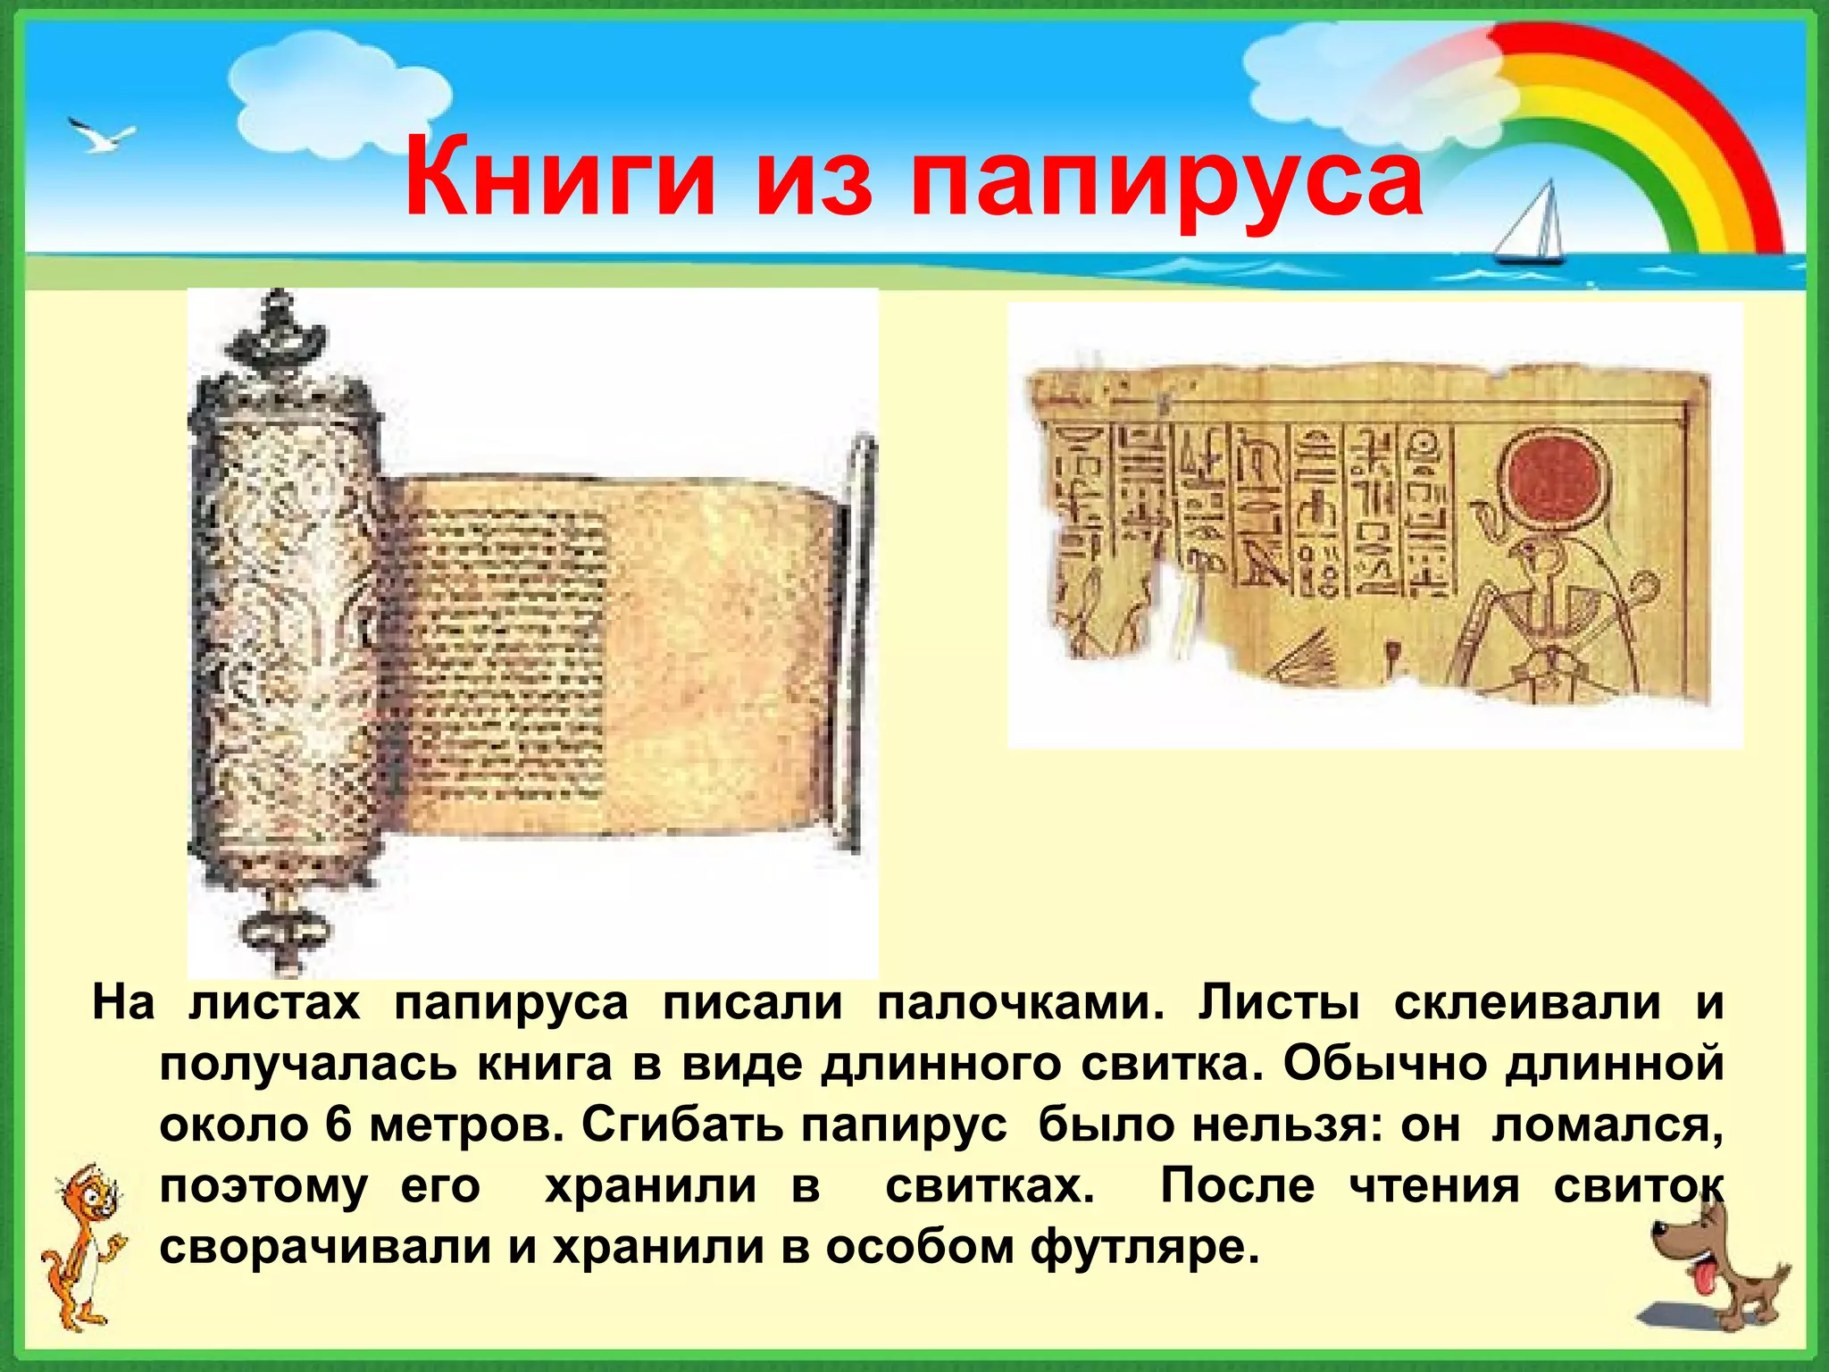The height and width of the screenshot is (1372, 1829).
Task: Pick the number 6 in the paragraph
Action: pyautogui.click(x=338, y=1125)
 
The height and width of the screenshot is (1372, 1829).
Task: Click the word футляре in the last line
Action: pyautogui.click(x=1144, y=1247)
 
